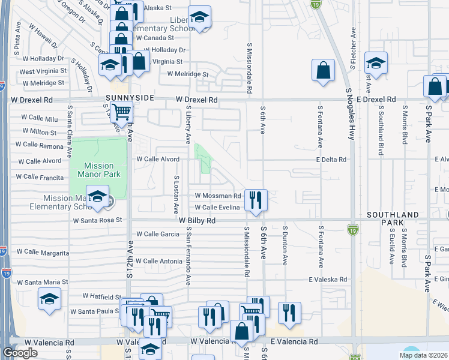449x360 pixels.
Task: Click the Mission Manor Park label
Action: click(99, 170)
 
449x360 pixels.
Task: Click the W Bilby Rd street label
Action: click(196, 221)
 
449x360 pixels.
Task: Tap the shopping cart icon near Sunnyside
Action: click(122, 111)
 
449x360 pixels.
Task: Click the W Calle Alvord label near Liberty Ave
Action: click(158, 159)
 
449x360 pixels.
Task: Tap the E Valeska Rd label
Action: click(328, 280)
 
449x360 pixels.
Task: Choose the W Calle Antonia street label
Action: click(158, 261)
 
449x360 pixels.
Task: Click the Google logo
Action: click(20, 353)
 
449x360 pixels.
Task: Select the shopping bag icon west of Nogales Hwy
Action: click(323, 70)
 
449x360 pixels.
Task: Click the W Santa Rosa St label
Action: click(97, 220)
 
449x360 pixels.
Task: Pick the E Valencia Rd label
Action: click(294, 341)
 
